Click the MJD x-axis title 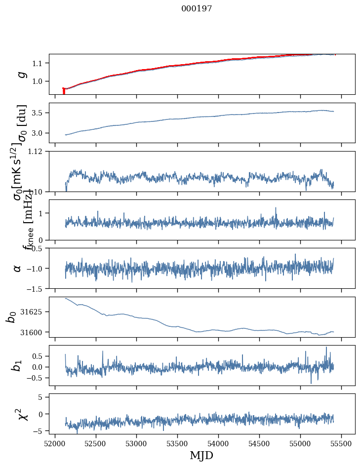tap(201, 455)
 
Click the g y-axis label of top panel tap(21, 74)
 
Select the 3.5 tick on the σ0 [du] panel tap(39, 113)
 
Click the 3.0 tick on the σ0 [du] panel tap(39, 133)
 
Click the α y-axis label tap(17, 268)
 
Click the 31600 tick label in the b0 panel tap(35, 332)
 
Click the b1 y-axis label tap(17, 366)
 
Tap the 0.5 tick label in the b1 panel tap(39, 356)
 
